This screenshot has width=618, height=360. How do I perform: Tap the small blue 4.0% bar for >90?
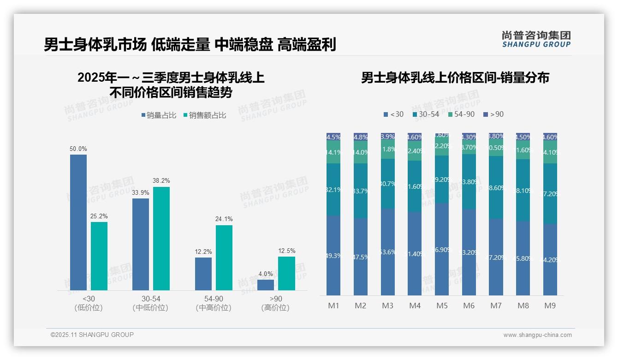pos(266,285)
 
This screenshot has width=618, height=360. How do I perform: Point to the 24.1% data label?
pos(224,219)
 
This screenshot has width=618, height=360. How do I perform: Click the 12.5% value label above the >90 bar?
pos(286,251)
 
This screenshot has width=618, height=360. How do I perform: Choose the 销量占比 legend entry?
pos(159,115)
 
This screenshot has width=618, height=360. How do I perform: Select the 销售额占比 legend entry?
pos(205,115)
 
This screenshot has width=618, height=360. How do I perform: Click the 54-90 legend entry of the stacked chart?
pos(461,114)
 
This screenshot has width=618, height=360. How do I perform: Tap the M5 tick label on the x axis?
pos(442,306)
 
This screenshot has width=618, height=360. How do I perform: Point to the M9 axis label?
pos(550,306)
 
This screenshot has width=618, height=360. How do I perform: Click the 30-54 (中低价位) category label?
pos(150,303)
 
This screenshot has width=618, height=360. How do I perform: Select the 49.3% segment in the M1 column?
pos(333,255)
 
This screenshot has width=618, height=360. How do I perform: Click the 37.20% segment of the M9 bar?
pos(550,194)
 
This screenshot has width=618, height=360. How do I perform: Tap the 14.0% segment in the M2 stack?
pos(361,152)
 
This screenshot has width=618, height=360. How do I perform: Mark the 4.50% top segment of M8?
pos(523,137)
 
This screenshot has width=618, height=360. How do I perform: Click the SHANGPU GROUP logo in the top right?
pos(536,39)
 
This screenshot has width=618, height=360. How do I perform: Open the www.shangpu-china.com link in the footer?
pos(537,335)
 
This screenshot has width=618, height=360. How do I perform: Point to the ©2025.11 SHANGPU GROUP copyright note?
pos(92,335)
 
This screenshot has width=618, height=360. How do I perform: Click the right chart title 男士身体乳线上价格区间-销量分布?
pos(455,78)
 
